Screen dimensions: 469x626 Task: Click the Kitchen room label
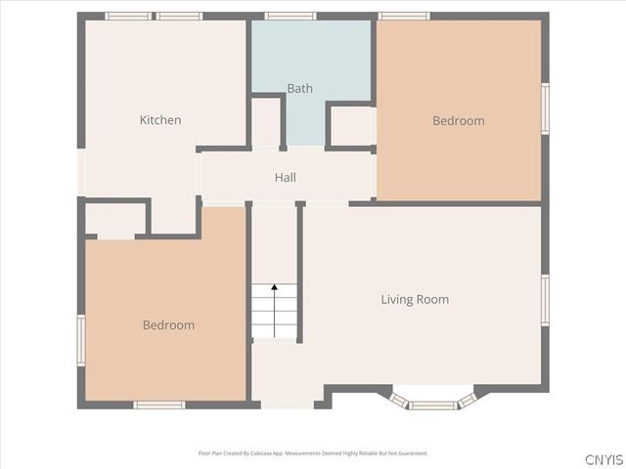pos(160,120)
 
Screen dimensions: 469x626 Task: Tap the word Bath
pos(300,88)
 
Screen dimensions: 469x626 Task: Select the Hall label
pos(285,177)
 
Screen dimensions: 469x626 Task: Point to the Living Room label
pos(415,299)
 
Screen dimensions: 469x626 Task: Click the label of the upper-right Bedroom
pos(458,121)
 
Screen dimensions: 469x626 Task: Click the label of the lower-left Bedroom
pos(168,325)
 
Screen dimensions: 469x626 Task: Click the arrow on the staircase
pos(275,290)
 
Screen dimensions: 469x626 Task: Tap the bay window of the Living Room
pos(432,401)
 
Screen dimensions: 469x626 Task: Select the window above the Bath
pos(291,16)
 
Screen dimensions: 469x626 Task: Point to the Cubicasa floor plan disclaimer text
pos(313,452)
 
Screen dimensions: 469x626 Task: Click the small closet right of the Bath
pos(350,125)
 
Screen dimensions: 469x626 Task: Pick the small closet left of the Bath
pos(265,121)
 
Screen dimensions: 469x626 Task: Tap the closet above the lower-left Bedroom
pos(115,219)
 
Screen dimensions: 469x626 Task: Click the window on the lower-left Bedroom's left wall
pos(81,339)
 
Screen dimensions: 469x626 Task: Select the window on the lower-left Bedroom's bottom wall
pos(159,405)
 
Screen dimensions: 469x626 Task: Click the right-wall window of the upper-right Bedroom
pos(545,107)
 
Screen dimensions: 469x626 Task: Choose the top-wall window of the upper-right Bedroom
pos(404,16)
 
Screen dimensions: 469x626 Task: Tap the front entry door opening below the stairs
pos(288,405)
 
